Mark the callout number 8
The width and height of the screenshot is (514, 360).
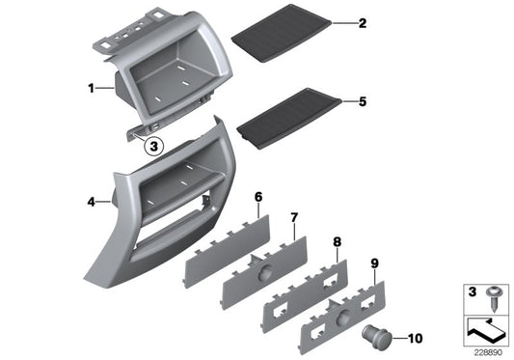[x=337, y=242]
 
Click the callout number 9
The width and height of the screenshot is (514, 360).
[x=375, y=263]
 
